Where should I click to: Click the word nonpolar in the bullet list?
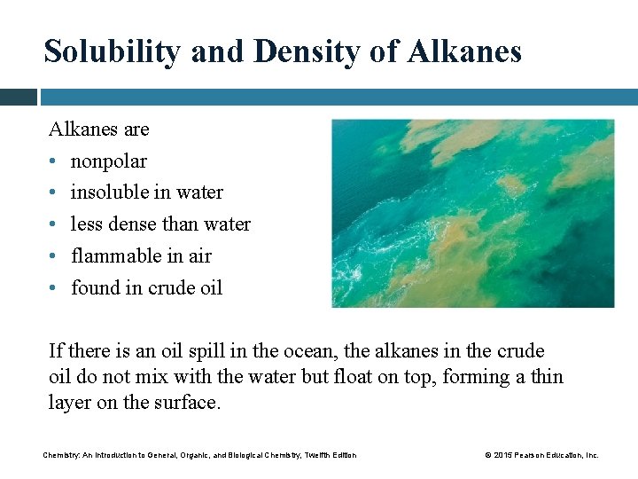[x=108, y=161]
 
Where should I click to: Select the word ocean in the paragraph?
[x=292, y=351]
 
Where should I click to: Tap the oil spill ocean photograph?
[x=472, y=214]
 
